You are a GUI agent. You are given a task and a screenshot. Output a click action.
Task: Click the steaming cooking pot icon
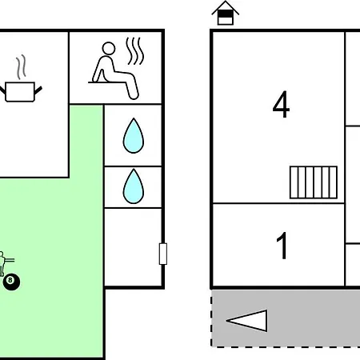pos(20,79)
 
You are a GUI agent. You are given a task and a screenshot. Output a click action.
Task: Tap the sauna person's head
pos(109,49)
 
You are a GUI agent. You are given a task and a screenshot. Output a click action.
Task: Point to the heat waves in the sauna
pos(135,51)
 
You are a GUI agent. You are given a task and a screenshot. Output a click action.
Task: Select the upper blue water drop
pos(134,136)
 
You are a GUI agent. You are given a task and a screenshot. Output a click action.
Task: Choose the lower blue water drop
pos(134,186)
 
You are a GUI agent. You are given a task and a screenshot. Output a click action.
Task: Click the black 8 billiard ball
pos(11,282)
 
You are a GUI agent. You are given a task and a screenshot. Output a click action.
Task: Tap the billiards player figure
pos(6,263)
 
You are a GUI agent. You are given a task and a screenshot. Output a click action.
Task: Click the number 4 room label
pos(281,104)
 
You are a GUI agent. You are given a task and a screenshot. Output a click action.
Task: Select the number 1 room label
pos(282,246)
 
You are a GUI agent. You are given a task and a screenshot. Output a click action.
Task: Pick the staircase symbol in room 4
pos(314,182)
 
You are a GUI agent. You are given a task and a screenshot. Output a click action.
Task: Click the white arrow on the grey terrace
pos(247,320)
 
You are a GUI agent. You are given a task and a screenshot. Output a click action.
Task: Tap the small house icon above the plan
pos(226,13)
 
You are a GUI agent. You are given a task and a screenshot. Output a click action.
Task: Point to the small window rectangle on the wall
pos(163,254)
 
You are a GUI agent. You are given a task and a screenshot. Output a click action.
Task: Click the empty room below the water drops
pos(133,247)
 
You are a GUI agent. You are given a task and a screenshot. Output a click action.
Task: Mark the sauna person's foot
pos(134,95)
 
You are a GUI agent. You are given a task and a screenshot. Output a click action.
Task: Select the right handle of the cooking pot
pos(38,90)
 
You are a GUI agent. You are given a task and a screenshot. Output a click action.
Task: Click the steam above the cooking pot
pos(21,67)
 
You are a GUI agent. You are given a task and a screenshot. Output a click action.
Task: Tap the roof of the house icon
pos(226,7)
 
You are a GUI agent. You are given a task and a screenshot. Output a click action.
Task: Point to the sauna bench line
pos(107,82)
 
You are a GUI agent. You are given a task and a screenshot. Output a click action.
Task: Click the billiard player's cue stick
pos(10,260)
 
